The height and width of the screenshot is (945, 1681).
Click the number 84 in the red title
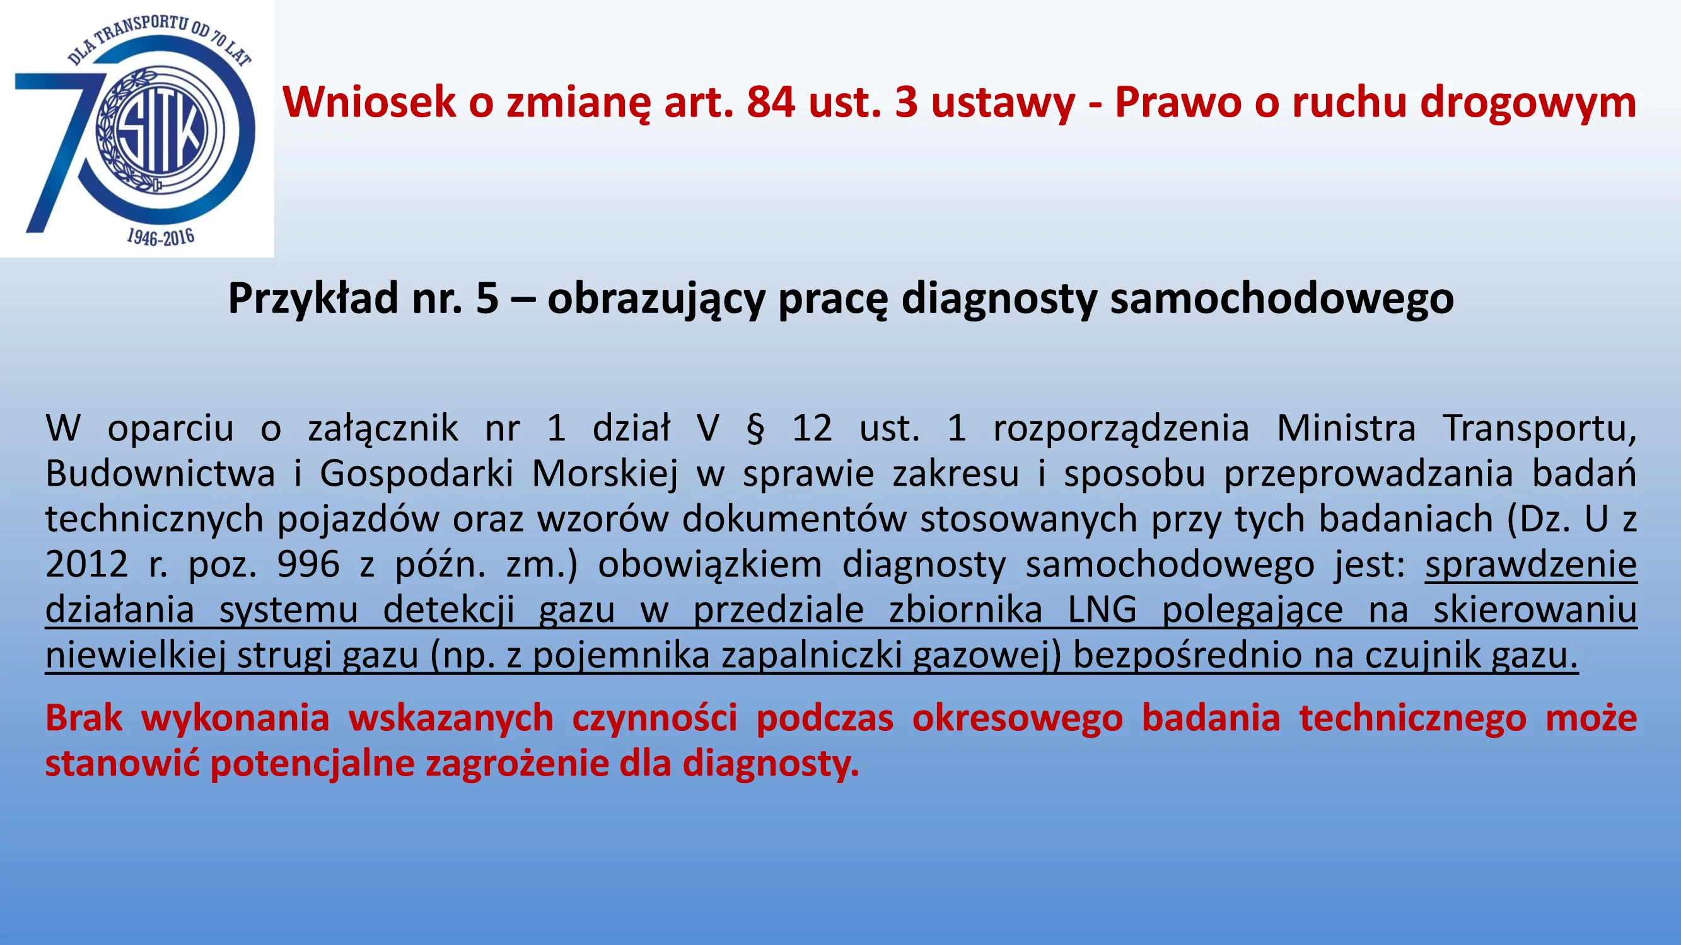tap(771, 103)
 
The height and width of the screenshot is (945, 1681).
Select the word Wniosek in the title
tap(369, 103)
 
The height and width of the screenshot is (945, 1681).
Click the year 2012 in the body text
tap(87, 564)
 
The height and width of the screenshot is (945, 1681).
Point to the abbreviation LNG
tap(1102, 610)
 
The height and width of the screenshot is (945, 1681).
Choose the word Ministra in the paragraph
tap(1346, 429)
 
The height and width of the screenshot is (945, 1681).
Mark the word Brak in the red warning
tap(83, 718)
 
